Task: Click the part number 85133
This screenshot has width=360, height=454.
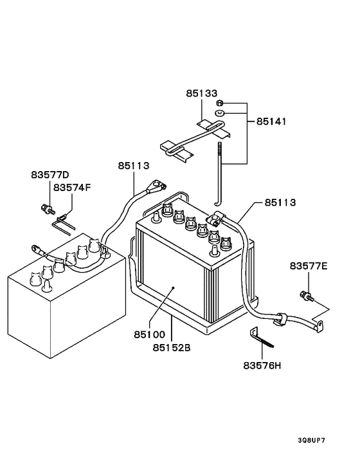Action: pyautogui.click(x=203, y=93)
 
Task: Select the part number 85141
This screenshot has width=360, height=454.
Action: pyautogui.click(x=271, y=121)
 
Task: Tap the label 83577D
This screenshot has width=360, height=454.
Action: pyautogui.click(x=50, y=175)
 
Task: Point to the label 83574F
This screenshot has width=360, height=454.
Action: pyautogui.click(x=72, y=188)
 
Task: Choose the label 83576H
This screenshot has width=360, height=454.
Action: pyautogui.click(x=262, y=365)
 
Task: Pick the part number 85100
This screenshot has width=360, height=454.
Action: pyautogui.click(x=150, y=335)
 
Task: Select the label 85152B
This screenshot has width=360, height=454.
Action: pyautogui.click(x=172, y=348)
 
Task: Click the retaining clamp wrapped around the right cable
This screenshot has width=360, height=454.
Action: pyautogui.click(x=280, y=318)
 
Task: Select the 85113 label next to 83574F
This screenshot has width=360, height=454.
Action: pyautogui.click(x=134, y=166)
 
